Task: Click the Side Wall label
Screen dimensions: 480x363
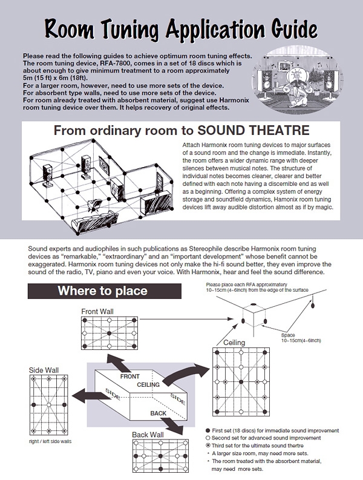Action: (x=43, y=369)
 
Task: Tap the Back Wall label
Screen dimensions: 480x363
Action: (x=147, y=435)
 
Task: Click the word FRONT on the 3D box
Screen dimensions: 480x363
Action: (x=129, y=376)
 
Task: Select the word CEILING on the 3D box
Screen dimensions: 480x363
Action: (x=149, y=384)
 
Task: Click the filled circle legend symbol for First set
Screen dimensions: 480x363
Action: (x=208, y=428)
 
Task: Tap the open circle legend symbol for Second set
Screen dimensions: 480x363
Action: (x=208, y=436)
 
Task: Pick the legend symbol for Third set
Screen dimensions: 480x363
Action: (x=208, y=445)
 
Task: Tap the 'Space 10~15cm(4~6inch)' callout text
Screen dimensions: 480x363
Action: (x=302, y=337)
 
